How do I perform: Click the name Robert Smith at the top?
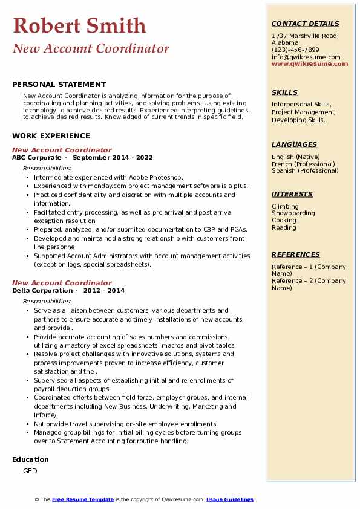(x=79, y=25)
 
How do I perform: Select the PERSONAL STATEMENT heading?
(x=59, y=85)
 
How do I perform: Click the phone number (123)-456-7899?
(x=295, y=50)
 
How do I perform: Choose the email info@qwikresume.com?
(x=306, y=57)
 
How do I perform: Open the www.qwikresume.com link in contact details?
(x=306, y=63)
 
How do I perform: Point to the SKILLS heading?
(x=284, y=92)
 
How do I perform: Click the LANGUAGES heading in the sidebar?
(x=294, y=144)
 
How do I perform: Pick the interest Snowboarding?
(x=293, y=213)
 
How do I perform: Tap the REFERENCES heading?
(x=296, y=254)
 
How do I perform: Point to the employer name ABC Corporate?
(x=37, y=157)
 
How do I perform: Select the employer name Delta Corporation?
(x=42, y=290)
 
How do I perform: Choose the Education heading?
(x=30, y=459)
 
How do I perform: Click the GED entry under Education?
(x=30, y=471)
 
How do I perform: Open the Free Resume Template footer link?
(x=83, y=499)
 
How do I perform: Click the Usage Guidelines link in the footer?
(x=229, y=499)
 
